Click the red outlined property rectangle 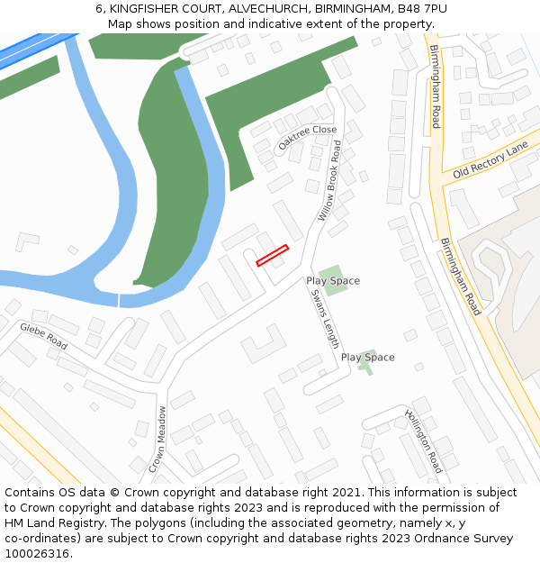[272, 256]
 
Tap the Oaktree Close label [307, 137]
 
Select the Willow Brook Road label [330, 180]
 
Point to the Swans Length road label [325, 319]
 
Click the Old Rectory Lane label [490, 159]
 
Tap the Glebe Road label [44, 336]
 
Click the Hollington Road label [423, 441]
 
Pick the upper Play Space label [333, 281]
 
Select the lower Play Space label [367, 358]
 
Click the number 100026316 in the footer [37, 554]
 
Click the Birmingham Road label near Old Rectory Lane [436, 86]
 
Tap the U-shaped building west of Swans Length [263, 342]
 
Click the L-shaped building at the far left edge [26, 241]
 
